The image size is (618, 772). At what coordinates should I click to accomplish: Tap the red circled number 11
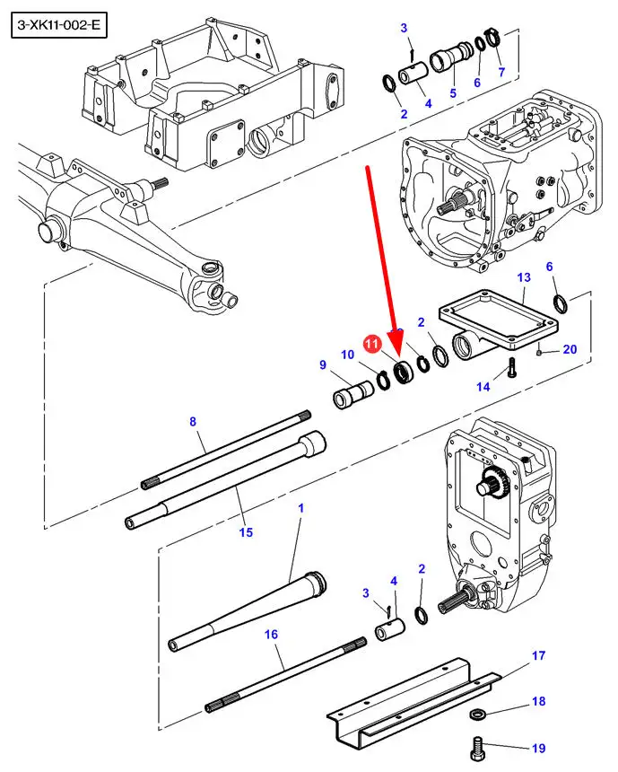point(372,343)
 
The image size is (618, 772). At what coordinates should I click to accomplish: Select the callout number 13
point(524,277)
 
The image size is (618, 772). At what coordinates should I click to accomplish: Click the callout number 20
point(570,349)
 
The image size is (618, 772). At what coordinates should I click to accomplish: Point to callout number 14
point(483,387)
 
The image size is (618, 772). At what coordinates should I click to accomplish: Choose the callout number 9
point(323,364)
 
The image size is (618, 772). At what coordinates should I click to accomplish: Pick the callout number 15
point(246,531)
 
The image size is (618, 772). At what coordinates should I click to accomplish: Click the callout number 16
point(271,634)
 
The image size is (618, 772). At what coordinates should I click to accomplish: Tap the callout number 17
point(539,655)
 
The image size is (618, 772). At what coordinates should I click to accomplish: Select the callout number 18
point(539,700)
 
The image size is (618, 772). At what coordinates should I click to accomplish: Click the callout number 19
point(539,748)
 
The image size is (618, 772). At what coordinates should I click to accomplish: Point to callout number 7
point(501,72)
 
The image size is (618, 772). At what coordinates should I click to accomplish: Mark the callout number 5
point(453,92)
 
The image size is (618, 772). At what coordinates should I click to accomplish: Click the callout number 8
point(193,421)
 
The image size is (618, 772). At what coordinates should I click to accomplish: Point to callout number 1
point(301,507)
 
